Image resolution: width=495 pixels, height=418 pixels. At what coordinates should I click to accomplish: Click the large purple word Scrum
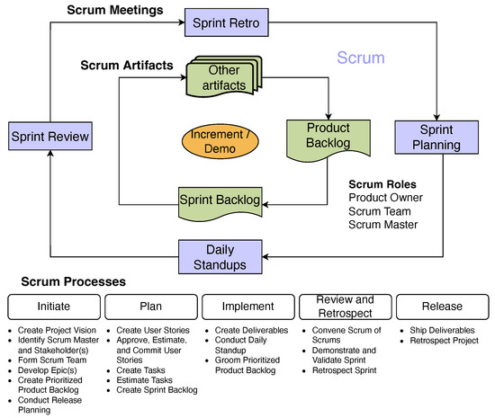[362, 58]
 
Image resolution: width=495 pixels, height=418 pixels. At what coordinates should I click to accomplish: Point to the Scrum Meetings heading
[114, 11]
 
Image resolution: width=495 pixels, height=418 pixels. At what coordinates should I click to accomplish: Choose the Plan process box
[148, 305]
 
